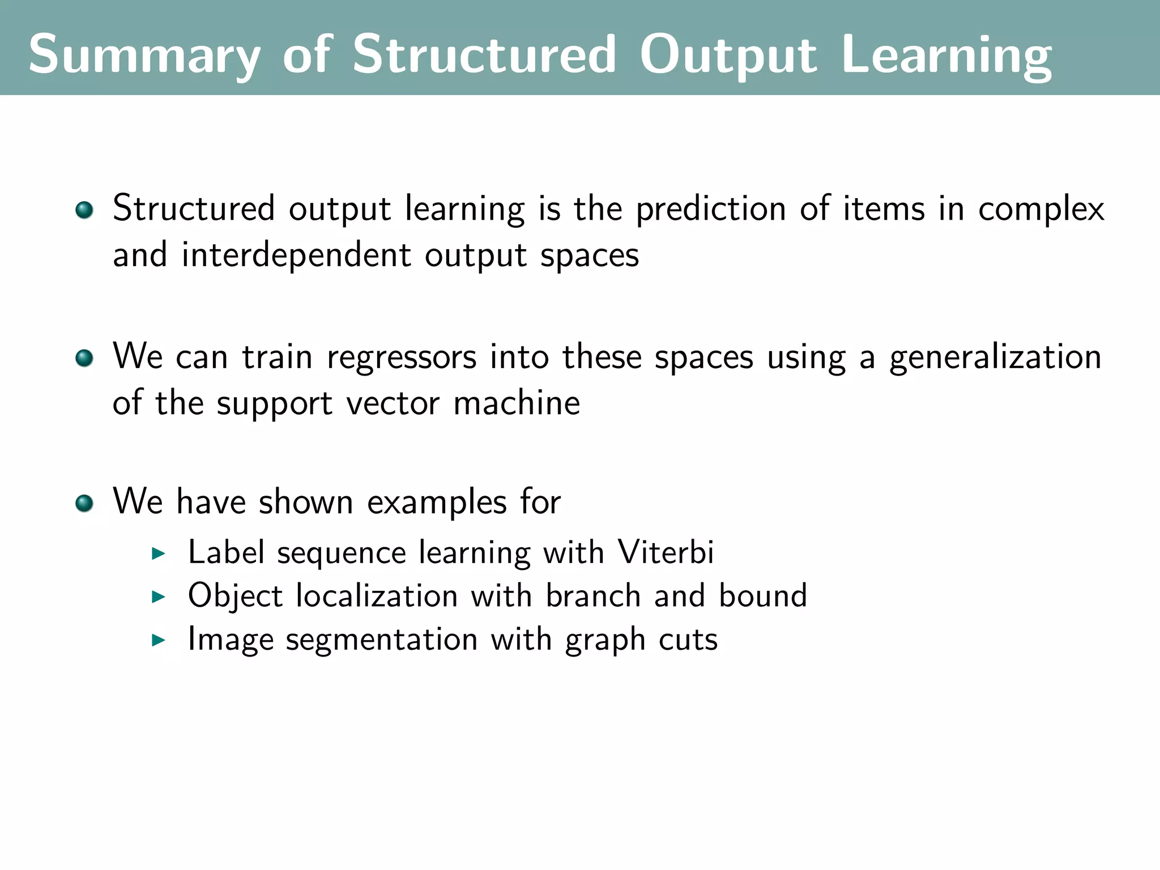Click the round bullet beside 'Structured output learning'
click(x=84, y=210)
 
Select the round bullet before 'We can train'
click(x=84, y=358)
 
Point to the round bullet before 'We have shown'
click(x=84, y=503)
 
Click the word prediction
click(x=711, y=209)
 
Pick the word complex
click(x=1041, y=209)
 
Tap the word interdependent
click(x=296, y=255)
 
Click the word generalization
click(x=995, y=357)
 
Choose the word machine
click(x=517, y=403)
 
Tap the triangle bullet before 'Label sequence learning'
click(x=159, y=553)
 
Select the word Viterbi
click(x=666, y=552)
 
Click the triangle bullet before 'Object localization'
click(x=159, y=596)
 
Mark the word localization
click(x=377, y=596)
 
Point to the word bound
click(x=763, y=596)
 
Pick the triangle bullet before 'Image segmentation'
click(x=159, y=640)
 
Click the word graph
click(x=605, y=640)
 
